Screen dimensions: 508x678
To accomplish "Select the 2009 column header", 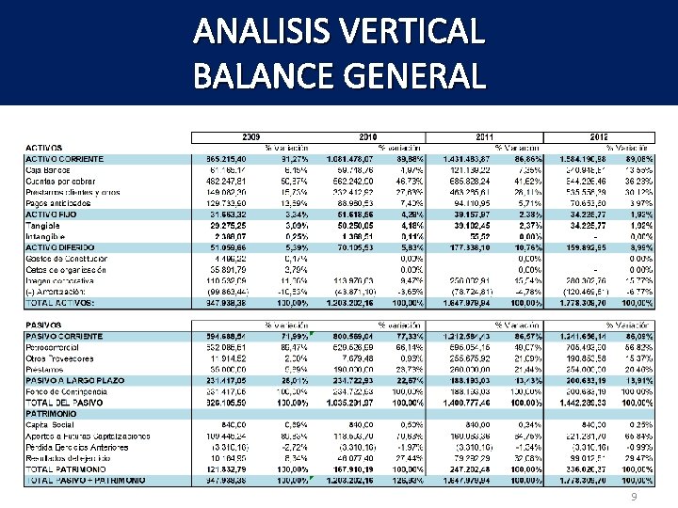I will point(252,137).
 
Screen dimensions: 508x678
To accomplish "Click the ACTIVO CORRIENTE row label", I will point(65,159).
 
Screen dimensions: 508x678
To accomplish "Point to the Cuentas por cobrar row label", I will point(58,181).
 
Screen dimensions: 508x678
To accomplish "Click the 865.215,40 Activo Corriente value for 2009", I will point(223,159).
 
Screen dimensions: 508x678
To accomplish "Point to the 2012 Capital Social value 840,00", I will point(575,424).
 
